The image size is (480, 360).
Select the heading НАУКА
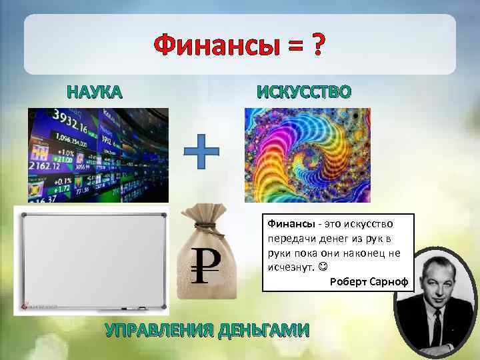94,92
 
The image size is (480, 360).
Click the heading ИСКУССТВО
303,91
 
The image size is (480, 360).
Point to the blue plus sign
201,151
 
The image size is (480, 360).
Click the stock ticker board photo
98,155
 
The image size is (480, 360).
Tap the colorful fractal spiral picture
307,155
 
